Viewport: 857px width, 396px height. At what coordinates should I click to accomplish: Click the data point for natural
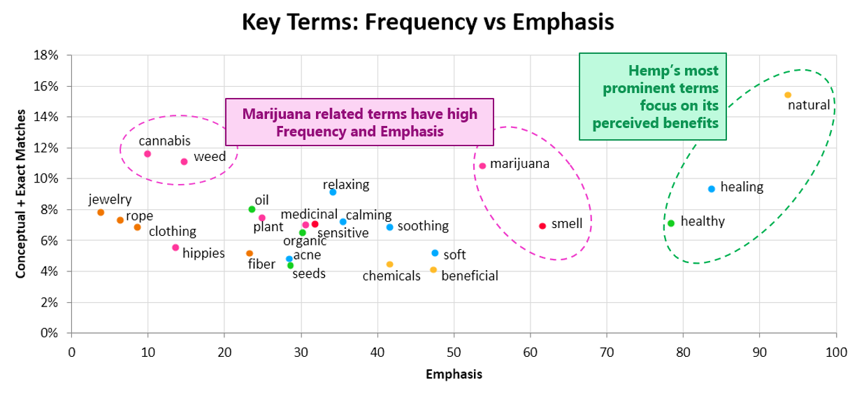coord(788,95)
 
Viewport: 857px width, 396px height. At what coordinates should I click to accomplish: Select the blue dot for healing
coord(712,189)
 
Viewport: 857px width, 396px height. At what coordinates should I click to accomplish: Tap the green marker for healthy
coord(671,223)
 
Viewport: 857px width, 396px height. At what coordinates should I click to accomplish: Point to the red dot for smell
coord(542,226)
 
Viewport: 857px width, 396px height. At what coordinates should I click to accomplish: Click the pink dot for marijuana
coord(482,166)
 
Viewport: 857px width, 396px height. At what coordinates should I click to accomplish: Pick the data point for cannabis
coord(147,154)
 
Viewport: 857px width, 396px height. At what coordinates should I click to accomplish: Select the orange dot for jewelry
coord(101,213)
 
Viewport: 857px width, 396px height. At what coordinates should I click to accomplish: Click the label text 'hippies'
coord(203,253)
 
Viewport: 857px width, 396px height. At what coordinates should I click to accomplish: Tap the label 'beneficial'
coord(470,276)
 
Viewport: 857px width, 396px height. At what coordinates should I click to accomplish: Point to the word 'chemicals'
coord(391,276)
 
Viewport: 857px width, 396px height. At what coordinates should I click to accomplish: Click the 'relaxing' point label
coord(346,185)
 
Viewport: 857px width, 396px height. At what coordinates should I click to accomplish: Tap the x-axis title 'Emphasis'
coord(454,374)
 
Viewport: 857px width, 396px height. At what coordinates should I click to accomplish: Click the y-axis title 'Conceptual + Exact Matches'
coord(22,194)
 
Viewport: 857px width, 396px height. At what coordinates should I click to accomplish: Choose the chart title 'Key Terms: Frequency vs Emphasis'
coord(428,22)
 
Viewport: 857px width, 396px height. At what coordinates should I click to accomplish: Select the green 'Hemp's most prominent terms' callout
coord(652,97)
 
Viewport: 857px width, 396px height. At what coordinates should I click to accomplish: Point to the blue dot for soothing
coord(390,227)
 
